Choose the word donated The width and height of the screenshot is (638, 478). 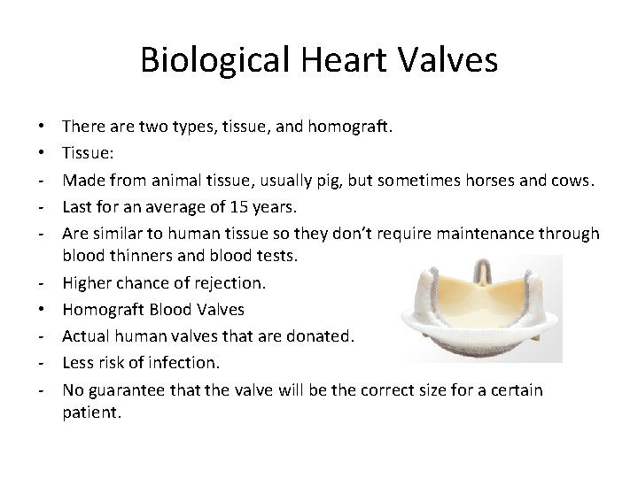(320, 337)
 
